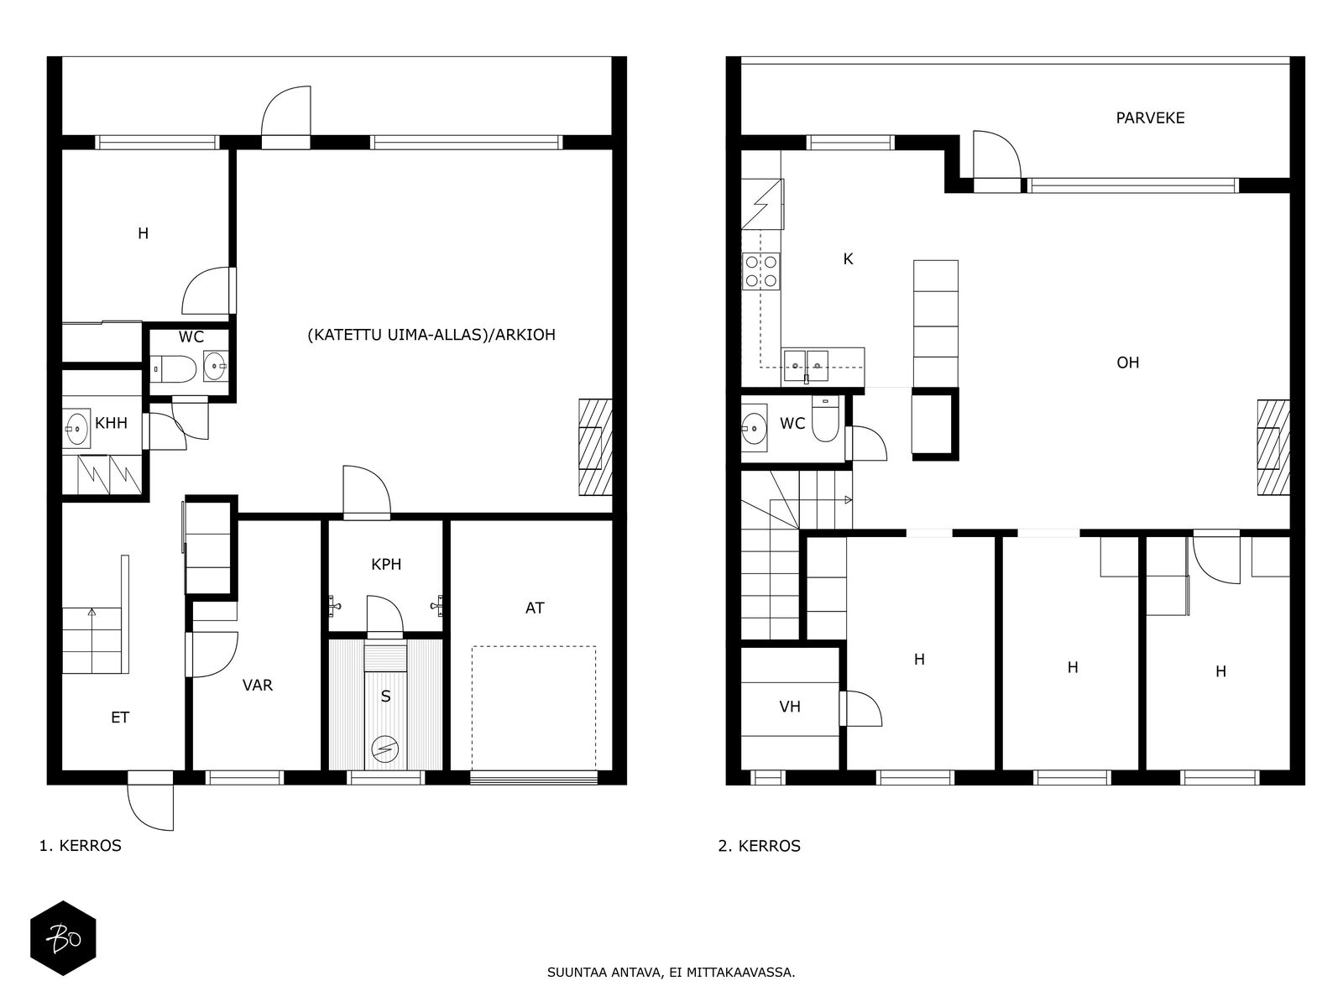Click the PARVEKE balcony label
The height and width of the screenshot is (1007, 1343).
pyautogui.click(x=1150, y=118)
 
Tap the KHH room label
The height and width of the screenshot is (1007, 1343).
pyautogui.click(x=111, y=422)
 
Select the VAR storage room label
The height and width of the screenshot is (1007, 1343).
pyautogui.click(x=257, y=685)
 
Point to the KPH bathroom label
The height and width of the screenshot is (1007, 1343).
pyautogui.click(x=386, y=564)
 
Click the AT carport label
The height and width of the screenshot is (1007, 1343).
pyautogui.click(x=534, y=608)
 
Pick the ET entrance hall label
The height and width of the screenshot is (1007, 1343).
pyautogui.click(x=120, y=717)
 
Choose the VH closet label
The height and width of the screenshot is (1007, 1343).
pyautogui.click(x=790, y=707)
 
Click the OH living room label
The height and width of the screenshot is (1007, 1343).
pyautogui.click(x=1127, y=363)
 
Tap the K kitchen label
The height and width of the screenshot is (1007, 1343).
pyautogui.click(x=848, y=259)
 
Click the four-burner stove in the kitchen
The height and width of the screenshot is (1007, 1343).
pyautogui.click(x=761, y=271)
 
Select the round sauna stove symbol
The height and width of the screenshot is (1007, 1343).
pyautogui.click(x=384, y=749)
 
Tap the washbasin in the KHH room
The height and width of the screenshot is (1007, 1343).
pyautogui.click(x=76, y=427)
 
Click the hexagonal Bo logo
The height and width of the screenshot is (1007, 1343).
pyautogui.click(x=63, y=938)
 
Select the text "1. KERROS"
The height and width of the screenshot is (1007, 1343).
pyautogui.click(x=80, y=846)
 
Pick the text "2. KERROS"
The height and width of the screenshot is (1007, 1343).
pyautogui.click(x=760, y=846)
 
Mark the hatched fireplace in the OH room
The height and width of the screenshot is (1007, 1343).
pyautogui.click(x=1273, y=447)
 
